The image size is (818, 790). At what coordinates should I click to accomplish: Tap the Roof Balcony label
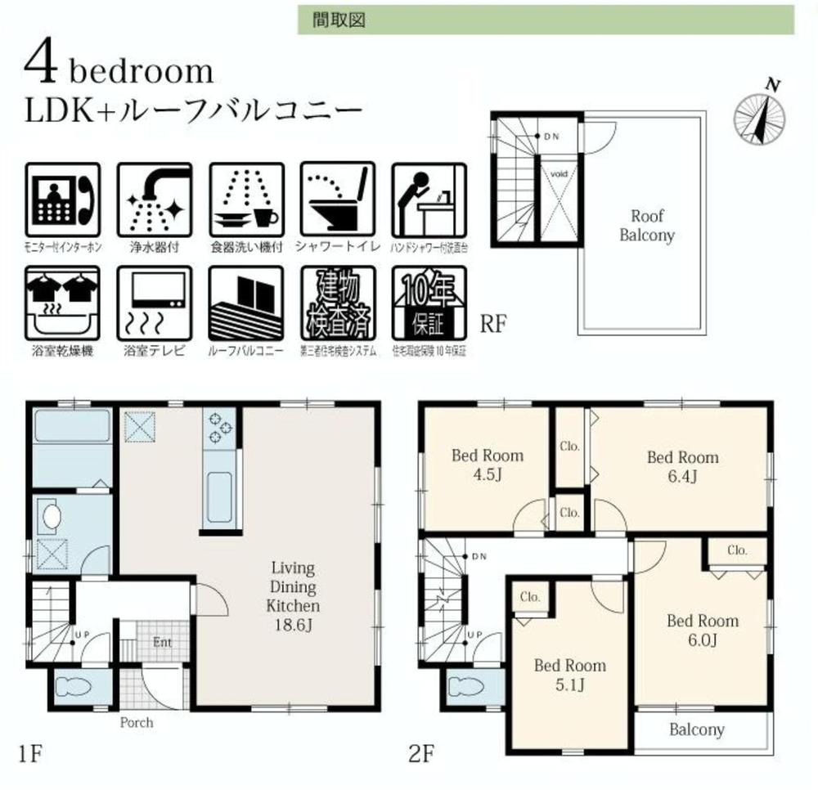646,226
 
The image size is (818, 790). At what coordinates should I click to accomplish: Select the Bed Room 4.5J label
487,465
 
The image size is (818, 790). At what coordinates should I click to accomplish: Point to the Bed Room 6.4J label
682,466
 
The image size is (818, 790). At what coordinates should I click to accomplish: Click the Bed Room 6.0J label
702,630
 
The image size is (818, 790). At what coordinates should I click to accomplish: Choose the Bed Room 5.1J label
569,674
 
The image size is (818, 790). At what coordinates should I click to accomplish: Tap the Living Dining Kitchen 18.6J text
292,597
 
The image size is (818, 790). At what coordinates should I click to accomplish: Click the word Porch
137,723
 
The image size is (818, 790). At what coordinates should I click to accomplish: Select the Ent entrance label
162,642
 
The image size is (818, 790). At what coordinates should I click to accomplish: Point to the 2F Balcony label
697,729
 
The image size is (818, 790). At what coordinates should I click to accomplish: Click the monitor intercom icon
63,200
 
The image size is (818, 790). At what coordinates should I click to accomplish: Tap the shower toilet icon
338,200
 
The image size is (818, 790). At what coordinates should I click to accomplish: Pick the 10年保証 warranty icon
429,303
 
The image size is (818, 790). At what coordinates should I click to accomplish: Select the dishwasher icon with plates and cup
246,200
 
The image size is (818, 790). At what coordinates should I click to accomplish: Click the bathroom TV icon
155,303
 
